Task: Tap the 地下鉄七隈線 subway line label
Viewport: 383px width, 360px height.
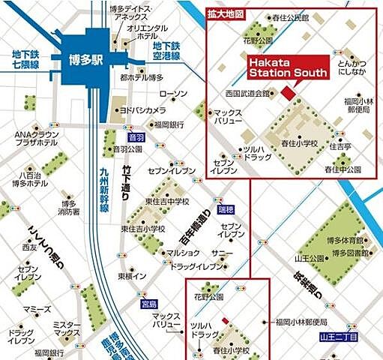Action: (25, 59)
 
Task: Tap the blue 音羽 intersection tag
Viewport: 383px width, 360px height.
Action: (136, 137)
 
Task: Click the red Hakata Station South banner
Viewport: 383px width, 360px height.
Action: (287, 67)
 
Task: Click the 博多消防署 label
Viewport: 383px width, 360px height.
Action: (69, 208)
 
